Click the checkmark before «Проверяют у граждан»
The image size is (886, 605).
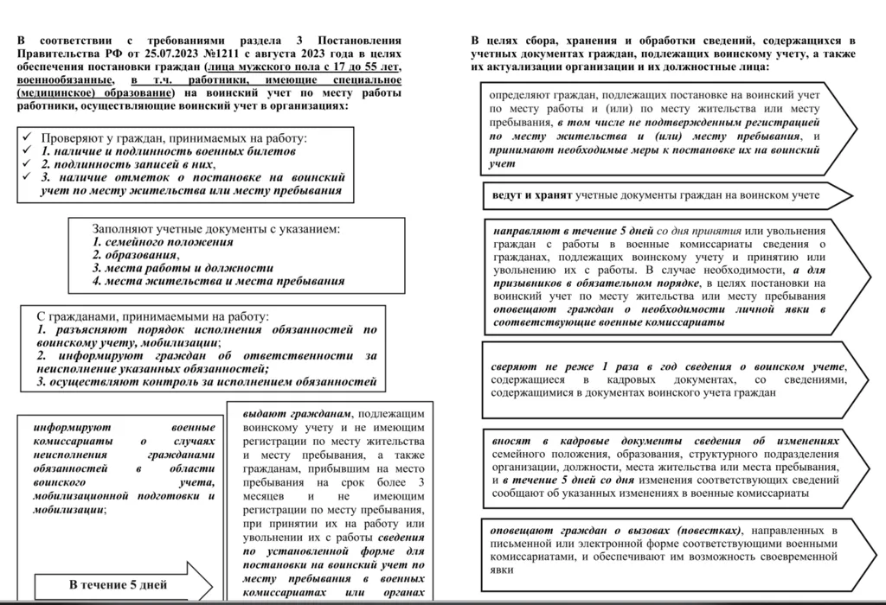point(29,137)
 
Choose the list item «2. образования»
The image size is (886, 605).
point(136,256)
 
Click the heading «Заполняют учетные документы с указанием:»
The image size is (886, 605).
point(216,230)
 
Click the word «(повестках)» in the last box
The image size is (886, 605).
point(708,530)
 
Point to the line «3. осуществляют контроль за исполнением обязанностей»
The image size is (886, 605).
point(207,381)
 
